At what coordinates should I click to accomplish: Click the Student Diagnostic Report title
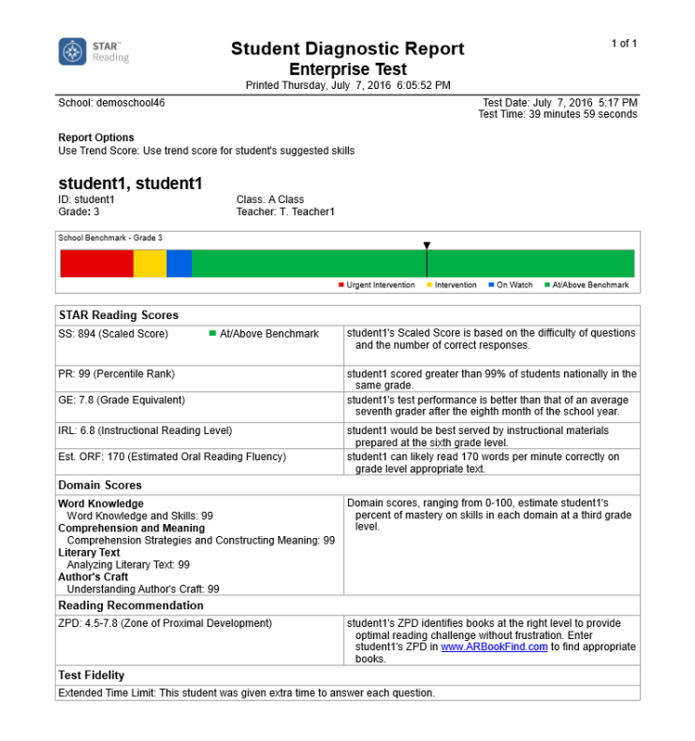pyautogui.click(x=347, y=50)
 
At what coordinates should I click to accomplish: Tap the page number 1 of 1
pyautogui.click(x=624, y=44)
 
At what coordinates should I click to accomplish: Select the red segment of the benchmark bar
pyautogui.click(x=96, y=264)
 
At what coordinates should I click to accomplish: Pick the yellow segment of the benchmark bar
pyautogui.click(x=150, y=264)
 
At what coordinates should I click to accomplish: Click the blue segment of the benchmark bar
pyautogui.click(x=179, y=264)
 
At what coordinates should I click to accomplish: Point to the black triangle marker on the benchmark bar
pyautogui.click(x=427, y=246)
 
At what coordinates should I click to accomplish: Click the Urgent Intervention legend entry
pyautogui.click(x=377, y=285)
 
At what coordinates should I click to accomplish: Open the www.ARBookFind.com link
pyautogui.click(x=494, y=647)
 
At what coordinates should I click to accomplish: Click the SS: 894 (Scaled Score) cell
pyautogui.click(x=113, y=334)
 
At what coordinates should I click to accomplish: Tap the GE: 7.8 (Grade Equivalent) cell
pyautogui.click(x=122, y=400)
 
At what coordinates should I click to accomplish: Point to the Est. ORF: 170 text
pyautogui.click(x=172, y=458)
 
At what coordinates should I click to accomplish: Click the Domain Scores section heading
pyautogui.click(x=100, y=486)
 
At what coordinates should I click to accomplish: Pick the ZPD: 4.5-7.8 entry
pyautogui.click(x=165, y=623)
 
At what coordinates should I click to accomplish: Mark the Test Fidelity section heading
pyautogui.click(x=92, y=676)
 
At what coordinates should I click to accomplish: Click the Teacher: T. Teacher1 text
pyautogui.click(x=285, y=212)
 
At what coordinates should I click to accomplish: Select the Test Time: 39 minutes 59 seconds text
pyautogui.click(x=557, y=114)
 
